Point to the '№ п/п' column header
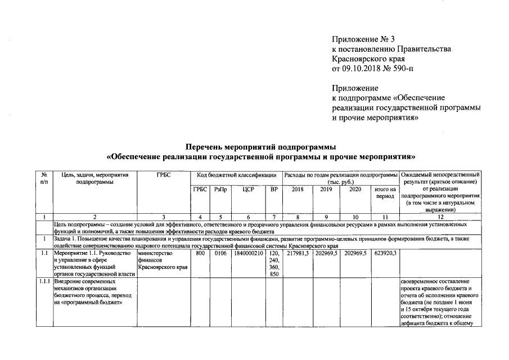(x=43, y=178)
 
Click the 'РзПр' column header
(x=221, y=190)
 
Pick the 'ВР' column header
(x=274, y=190)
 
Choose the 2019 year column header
(x=326, y=190)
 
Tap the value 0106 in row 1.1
(x=220, y=254)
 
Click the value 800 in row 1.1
(x=200, y=254)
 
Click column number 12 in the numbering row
(x=440, y=216)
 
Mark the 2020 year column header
(x=355, y=190)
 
